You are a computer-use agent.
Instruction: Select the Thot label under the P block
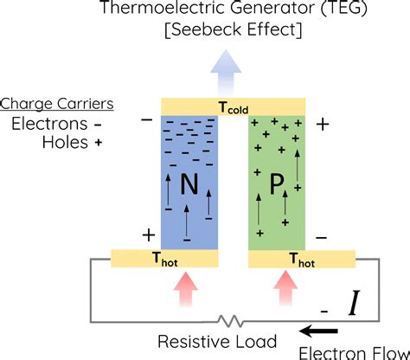tap(303, 258)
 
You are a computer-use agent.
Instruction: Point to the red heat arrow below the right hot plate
tap(285, 288)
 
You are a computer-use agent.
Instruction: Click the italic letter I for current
tap(355, 304)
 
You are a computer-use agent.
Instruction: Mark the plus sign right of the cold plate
tap(324, 125)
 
